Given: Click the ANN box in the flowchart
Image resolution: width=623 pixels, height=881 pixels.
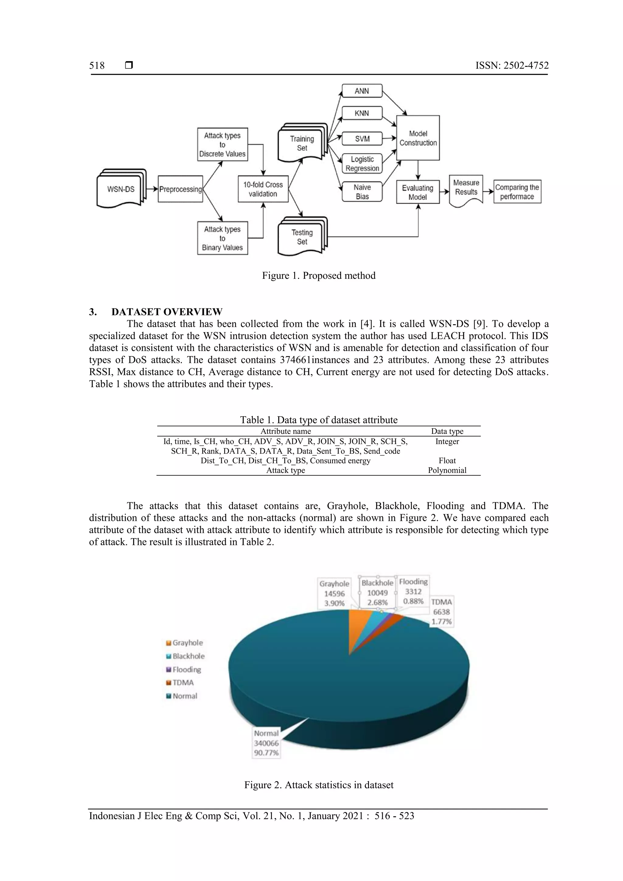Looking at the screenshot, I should [x=362, y=91].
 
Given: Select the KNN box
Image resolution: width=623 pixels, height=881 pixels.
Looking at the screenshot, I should [x=362, y=113].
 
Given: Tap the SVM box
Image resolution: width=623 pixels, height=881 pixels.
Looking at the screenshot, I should [x=362, y=138].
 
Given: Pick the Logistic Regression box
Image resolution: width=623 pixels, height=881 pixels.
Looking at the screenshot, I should [x=362, y=164].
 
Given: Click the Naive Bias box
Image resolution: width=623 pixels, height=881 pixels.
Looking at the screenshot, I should [x=362, y=192].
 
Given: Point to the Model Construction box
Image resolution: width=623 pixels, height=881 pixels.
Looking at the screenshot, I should [x=418, y=138].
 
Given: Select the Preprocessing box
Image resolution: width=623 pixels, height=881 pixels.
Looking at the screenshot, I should [x=180, y=189].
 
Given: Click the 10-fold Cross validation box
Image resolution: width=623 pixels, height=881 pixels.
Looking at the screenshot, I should [x=263, y=189].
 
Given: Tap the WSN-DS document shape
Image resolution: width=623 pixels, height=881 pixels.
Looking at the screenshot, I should [x=121, y=189].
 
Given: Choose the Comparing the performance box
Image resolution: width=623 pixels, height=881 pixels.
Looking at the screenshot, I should [x=517, y=192].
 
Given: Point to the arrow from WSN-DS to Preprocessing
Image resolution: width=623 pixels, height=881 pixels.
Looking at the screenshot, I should [x=152, y=189].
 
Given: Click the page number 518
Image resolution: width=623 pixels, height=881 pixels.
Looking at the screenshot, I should [x=97, y=66].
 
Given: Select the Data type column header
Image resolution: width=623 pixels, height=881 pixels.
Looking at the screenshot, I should [x=447, y=431].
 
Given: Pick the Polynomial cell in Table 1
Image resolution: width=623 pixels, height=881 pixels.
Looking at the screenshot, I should [x=447, y=470].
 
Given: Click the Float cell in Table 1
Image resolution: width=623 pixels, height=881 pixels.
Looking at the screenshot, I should [x=447, y=461].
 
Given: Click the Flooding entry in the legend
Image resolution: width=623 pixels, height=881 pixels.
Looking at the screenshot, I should [x=186, y=670].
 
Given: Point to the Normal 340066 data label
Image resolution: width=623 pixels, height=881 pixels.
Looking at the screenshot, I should [x=266, y=743].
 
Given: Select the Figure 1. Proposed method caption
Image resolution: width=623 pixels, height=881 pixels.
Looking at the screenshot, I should [x=318, y=276].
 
